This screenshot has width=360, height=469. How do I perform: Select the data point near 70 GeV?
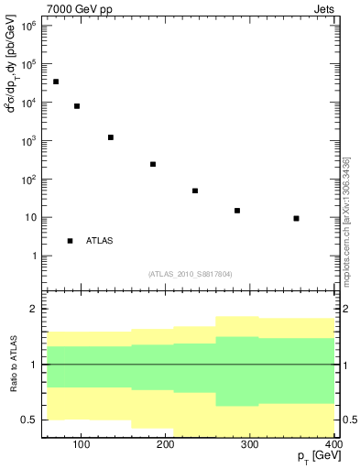pyautogui.click(x=56, y=82)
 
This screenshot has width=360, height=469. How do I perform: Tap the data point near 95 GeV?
pyautogui.click(x=77, y=106)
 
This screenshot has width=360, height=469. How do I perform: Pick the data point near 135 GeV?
pyautogui.click(x=111, y=137)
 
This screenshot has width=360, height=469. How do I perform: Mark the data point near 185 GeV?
pyautogui.click(x=153, y=164)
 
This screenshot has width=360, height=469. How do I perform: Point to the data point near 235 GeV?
pyautogui.click(x=195, y=191)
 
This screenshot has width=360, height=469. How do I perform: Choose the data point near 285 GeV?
pyautogui.click(x=237, y=211)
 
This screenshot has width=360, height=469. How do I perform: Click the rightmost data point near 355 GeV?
pyautogui.click(x=296, y=218)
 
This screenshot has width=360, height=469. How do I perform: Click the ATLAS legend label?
pyautogui.click(x=100, y=241)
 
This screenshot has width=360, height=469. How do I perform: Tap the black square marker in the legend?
pyautogui.click(x=70, y=241)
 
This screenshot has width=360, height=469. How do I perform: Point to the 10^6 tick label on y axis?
pyautogui.click(x=29, y=26)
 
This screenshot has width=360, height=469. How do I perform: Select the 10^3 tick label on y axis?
pyautogui.click(x=29, y=141)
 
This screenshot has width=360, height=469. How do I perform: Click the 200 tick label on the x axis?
pyautogui.click(x=165, y=445)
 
